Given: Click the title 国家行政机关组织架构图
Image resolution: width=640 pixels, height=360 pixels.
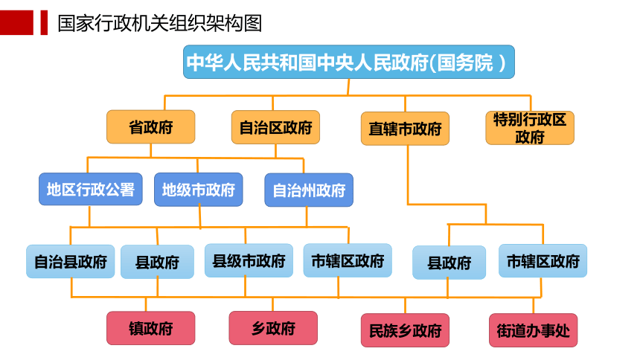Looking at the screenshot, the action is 159,23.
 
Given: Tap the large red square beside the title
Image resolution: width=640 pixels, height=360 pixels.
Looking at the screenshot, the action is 16,22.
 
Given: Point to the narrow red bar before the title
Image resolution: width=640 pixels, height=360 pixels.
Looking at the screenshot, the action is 44,22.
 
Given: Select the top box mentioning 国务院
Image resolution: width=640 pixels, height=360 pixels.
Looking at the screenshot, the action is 348,62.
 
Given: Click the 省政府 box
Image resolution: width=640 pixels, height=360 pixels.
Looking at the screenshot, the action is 150,126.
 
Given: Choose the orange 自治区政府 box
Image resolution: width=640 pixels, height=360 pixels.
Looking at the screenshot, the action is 275,127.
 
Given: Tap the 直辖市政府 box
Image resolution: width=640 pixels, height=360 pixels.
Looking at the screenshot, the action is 405,129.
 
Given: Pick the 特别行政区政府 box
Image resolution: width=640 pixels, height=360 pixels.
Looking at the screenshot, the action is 530,128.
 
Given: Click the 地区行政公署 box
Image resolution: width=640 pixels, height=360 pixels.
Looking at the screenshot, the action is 91,189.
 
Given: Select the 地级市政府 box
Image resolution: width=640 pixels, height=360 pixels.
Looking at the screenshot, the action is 199,190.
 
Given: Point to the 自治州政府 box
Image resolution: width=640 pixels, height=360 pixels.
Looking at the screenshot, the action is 309,190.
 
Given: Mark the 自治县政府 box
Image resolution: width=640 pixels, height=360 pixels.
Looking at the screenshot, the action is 70,261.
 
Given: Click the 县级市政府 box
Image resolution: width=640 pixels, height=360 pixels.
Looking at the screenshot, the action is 249,260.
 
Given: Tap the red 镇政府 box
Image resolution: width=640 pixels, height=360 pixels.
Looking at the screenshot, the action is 150,328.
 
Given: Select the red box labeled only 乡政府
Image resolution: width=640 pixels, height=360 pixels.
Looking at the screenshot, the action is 273,328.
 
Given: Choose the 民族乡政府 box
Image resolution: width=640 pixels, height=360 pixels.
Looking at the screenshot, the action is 405,330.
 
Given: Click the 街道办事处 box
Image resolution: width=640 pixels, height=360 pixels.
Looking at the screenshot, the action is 533,330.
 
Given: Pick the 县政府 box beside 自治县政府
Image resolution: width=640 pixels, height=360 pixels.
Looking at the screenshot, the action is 157,262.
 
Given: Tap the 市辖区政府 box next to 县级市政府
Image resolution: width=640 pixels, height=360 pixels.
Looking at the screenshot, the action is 348,260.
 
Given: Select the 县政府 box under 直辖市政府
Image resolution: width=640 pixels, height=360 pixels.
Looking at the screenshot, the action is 449,263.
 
